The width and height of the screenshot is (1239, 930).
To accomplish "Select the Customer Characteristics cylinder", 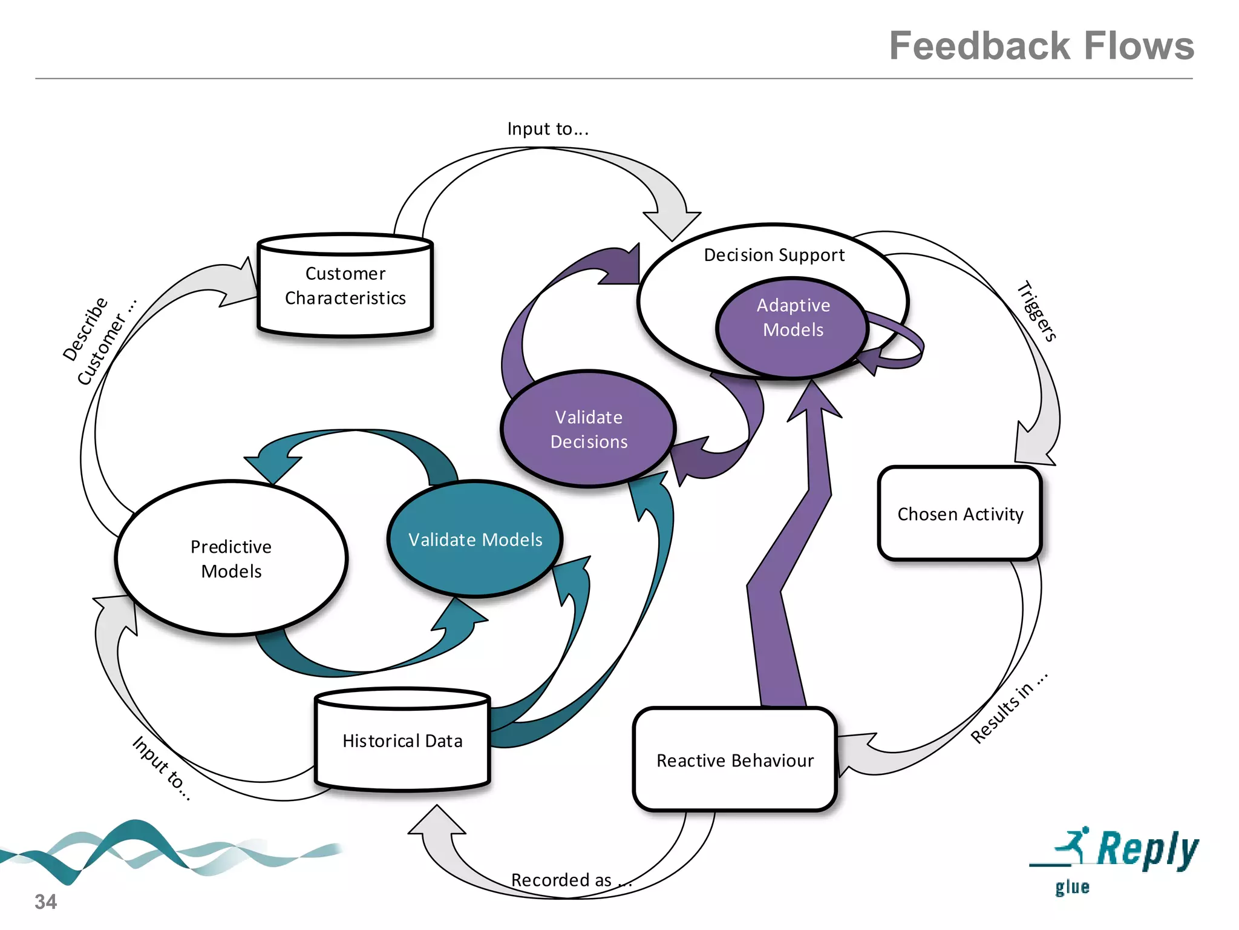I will click(x=345, y=286).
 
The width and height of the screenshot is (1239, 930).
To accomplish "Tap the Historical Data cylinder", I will click(x=402, y=741).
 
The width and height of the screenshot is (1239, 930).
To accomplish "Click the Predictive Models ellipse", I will click(x=231, y=558).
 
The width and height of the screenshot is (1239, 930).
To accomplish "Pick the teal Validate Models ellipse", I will click(x=475, y=539).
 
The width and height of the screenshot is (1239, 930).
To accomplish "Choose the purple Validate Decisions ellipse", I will click(x=588, y=429).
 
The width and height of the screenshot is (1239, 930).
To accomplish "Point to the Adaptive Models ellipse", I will click(x=793, y=326).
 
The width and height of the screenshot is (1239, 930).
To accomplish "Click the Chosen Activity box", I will click(x=960, y=514).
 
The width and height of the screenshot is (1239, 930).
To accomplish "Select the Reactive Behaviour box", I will click(x=735, y=760).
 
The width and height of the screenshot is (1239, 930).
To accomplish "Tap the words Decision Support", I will click(x=774, y=255).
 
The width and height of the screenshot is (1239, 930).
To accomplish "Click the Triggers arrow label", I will click(x=1037, y=311).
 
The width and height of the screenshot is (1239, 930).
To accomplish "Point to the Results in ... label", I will click(x=1009, y=708).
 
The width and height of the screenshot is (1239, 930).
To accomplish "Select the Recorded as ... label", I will click(x=571, y=880).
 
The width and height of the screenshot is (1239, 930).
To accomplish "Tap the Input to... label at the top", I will click(x=548, y=129).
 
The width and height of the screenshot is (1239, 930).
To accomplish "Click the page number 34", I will click(x=45, y=902).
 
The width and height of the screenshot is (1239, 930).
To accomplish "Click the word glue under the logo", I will click(x=1072, y=887).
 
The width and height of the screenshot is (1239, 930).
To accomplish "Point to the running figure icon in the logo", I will click(x=1073, y=843).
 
